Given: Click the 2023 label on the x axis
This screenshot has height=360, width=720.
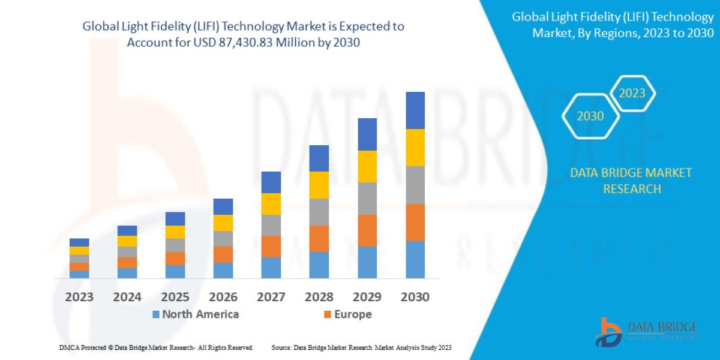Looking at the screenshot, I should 79,297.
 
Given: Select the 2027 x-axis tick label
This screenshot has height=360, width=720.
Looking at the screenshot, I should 271,297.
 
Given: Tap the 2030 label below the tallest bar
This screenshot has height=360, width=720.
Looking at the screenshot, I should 415,297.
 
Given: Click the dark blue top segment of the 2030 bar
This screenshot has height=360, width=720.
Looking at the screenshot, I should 415,110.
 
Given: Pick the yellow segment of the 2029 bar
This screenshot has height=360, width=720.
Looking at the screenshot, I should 367,166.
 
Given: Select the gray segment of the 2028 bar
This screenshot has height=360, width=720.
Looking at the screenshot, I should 319,212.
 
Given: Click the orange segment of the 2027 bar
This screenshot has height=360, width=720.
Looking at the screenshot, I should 271,246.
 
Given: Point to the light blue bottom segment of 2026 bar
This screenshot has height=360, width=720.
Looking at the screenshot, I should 223,271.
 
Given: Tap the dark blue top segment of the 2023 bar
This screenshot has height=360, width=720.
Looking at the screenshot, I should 79,242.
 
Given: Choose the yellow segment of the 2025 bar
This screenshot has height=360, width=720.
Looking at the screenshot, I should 175,232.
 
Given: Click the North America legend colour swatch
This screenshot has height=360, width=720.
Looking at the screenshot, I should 156,314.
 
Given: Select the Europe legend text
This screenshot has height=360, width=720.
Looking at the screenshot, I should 353,314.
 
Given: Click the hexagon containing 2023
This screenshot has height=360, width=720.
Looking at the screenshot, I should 632,93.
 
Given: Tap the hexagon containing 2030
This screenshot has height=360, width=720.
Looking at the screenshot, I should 590,116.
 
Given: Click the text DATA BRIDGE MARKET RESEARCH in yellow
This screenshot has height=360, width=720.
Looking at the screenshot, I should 631,181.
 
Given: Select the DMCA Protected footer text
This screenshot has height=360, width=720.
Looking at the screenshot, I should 156,347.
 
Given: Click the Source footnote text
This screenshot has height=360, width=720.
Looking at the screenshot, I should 361,347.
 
